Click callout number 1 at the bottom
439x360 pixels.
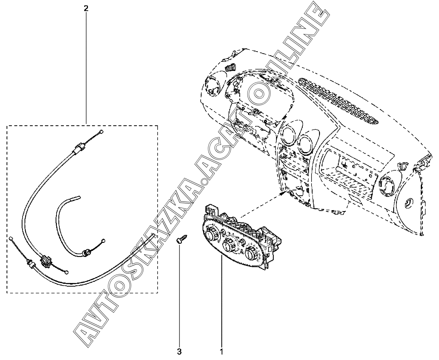click(x=222, y=352)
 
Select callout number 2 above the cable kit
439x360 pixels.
click(x=86, y=8)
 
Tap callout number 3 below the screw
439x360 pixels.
click(x=179, y=352)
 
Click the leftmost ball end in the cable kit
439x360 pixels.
click(x=12, y=238)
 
